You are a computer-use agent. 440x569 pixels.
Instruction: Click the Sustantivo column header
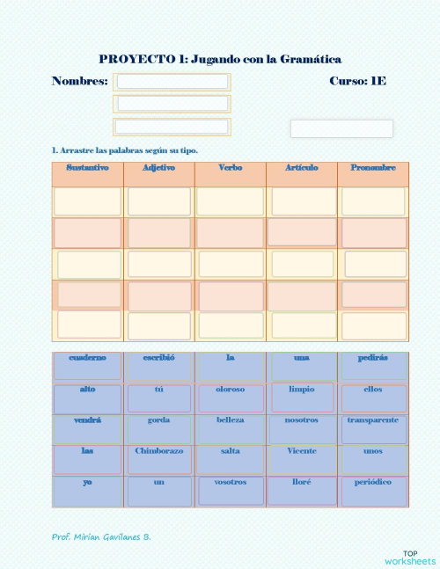click(x=87, y=168)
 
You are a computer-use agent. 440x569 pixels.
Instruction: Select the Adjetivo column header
click(x=158, y=168)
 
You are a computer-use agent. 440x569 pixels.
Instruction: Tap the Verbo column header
click(x=231, y=168)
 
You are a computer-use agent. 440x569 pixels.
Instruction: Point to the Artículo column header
click(x=302, y=168)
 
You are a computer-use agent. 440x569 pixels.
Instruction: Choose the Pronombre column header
click(x=373, y=168)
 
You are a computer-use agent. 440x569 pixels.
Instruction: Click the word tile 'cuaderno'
click(x=87, y=358)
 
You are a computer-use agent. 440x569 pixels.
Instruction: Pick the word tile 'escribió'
click(x=158, y=358)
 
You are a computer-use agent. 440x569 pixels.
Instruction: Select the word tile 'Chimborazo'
click(x=158, y=451)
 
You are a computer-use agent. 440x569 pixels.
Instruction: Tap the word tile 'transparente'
click(x=373, y=420)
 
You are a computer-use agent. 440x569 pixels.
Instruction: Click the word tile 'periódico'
click(x=373, y=483)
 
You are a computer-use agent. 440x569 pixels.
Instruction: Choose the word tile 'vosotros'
click(x=231, y=483)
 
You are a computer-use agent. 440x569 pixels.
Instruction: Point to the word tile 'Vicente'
click(x=302, y=451)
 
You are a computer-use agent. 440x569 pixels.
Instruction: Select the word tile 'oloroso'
click(x=231, y=390)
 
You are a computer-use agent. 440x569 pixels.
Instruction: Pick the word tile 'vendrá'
click(x=87, y=420)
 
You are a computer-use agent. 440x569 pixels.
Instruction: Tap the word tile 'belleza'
click(x=231, y=420)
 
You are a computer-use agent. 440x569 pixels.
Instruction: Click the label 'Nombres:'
click(x=80, y=81)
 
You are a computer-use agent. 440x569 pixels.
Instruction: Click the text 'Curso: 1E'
click(x=357, y=81)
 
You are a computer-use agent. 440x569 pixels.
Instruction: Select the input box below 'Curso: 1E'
click(x=341, y=128)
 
